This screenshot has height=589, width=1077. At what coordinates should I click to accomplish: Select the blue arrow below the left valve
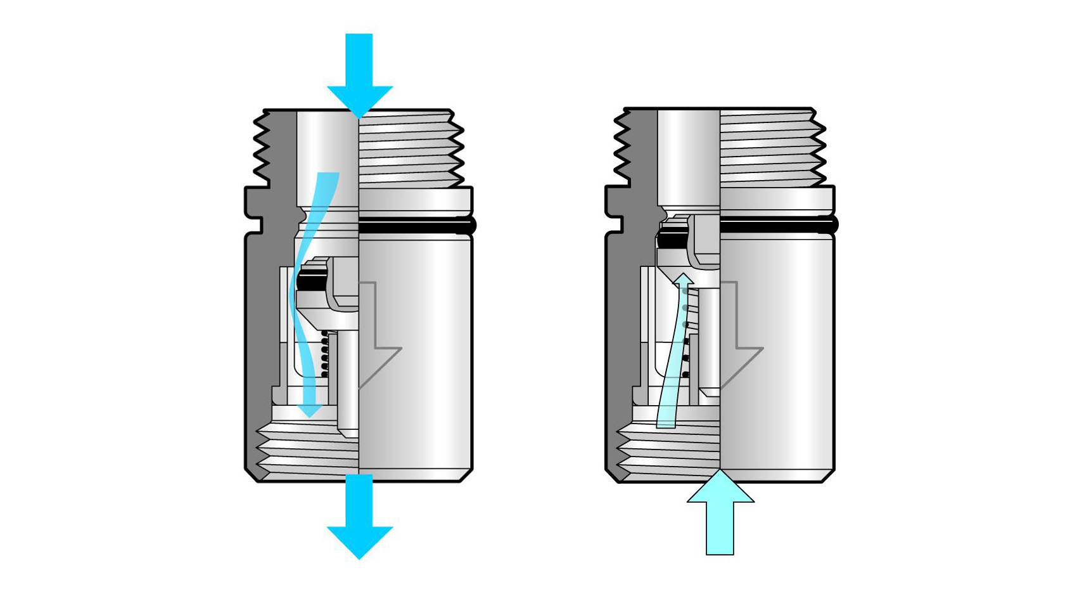click(x=359, y=520)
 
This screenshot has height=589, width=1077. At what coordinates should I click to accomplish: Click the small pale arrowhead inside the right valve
click(x=683, y=280)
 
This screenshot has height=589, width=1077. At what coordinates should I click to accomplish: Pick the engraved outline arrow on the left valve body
click(x=379, y=342)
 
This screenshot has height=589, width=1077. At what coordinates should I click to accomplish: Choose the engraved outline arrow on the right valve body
click(x=740, y=342)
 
